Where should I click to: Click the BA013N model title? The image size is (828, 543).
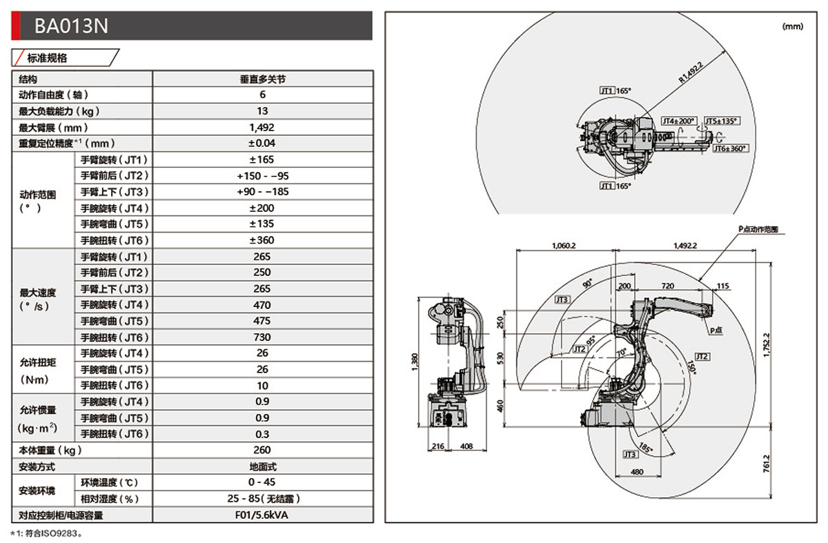tap(72, 26)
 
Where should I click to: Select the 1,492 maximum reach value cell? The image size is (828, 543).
tap(262, 127)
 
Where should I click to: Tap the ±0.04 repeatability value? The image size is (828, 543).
tap(262, 144)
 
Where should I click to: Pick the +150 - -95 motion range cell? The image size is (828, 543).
tap(262, 176)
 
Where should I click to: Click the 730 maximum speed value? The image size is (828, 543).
tap(262, 337)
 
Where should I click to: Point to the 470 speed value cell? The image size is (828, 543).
tap(262, 305)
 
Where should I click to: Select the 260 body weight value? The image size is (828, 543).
tap(262, 451)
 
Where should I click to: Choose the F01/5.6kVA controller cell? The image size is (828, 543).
tap(262, 515)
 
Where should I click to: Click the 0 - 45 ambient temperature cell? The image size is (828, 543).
tap(262, 482)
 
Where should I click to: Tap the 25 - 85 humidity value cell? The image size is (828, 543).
tap(262, 499)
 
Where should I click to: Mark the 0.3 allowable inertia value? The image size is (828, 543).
tap(262, 434)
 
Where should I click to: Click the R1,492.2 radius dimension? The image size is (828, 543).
tap(691, 72)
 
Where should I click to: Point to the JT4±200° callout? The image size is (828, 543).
tap(679, 121)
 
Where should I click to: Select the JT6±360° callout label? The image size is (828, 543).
tap(730, 148)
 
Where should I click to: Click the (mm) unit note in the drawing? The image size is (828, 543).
tap(793, 26)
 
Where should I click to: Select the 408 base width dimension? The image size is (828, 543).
tap(466, 446)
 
